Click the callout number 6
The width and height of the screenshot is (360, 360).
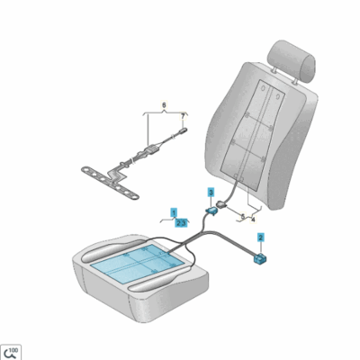(164, 105)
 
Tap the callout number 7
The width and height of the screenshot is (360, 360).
(184, 115)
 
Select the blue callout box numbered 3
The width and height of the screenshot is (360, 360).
(211, 192)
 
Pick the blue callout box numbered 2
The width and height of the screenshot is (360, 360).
(261, 238)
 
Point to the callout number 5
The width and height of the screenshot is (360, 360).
(240, 218)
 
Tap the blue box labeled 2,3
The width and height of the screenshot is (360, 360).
(181, 221)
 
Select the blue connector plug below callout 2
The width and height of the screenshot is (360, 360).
(260, 257)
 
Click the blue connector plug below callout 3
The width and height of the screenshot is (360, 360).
(214, 210)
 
